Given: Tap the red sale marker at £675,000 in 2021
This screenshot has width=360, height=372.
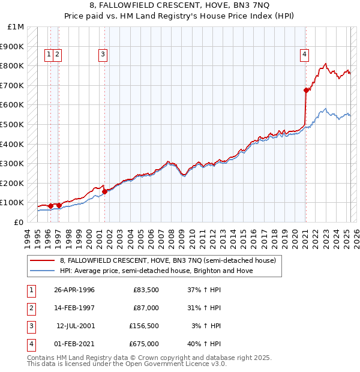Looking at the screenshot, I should (x=306, y=91).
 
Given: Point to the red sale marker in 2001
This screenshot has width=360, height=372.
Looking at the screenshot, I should (x=105, y=191).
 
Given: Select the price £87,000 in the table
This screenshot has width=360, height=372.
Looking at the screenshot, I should (x=146, y=308).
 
